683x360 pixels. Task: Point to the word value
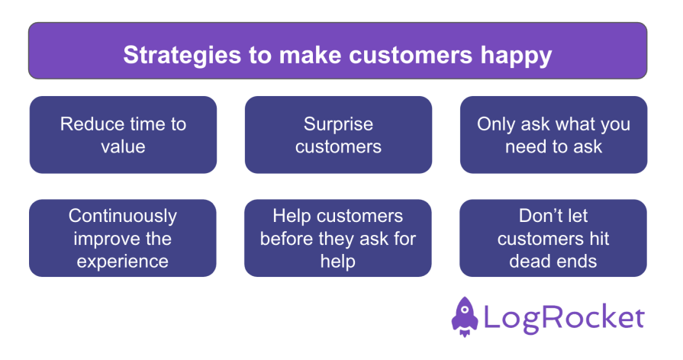(x=123, y=146)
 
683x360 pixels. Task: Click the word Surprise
(x=338, y=124)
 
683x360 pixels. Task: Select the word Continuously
(x=123, y=217)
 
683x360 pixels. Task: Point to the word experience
(x=123, y=260)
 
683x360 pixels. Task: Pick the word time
(x=147, y=124)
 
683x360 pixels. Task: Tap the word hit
(x=600, y=238)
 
